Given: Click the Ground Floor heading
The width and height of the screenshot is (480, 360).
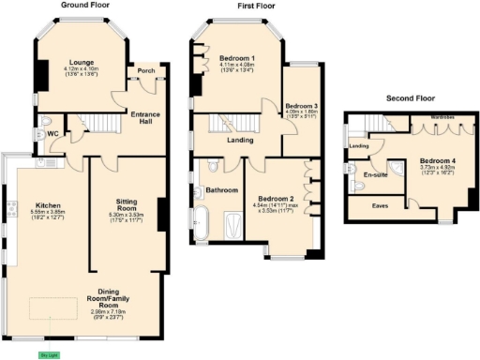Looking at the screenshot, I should pyautogui.click(x=87, y=5).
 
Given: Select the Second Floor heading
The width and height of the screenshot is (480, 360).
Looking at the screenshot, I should pyautogui.click(x=412, y=97).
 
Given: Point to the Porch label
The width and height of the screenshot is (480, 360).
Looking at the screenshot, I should pyautogui.click(x=146, y=70).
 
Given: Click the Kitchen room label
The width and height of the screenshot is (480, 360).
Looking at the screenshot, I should pyautogui.click(x=48, y=205).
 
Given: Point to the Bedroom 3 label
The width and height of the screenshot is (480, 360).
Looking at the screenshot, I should pyautogui.click(x=301, y=106).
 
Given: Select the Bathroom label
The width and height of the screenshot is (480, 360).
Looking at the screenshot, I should pyautogui.click(x=220, y=190).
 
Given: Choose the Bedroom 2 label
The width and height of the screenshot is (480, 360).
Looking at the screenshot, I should pyautogui.click(x=277, y=199).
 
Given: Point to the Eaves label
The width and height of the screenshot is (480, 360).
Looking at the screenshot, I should pyautogui.click(x=381, y=204).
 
